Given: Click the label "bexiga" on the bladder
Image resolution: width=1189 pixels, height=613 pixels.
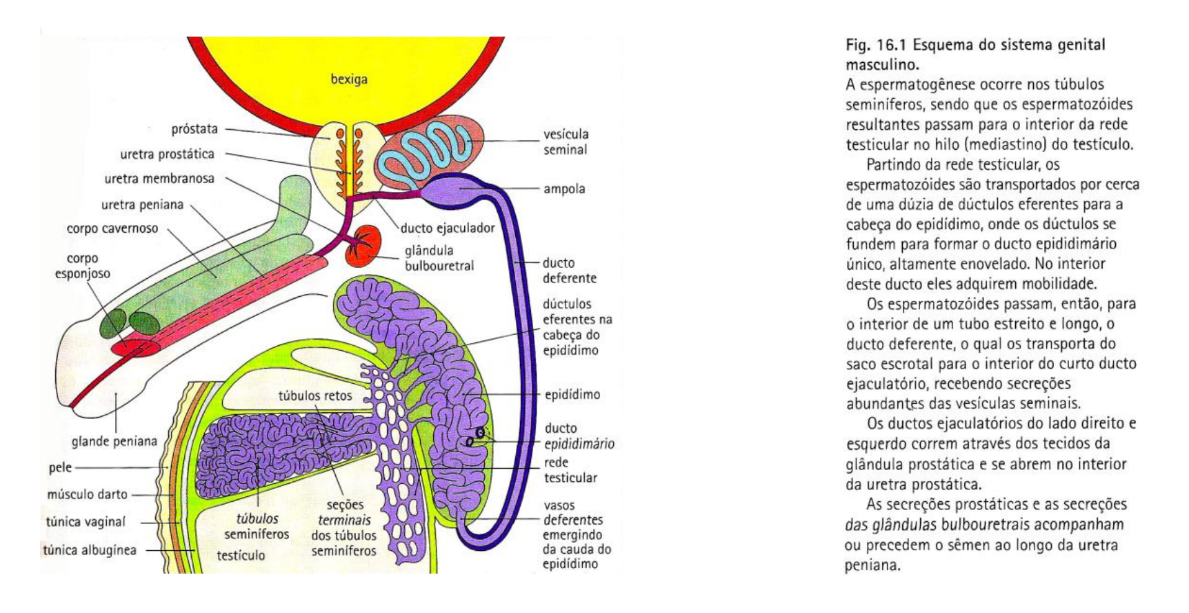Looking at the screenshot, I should point(349,79).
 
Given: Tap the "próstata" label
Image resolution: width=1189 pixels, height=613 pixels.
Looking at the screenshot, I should point(194,129).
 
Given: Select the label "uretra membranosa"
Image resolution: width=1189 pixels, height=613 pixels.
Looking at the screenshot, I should point(159,179).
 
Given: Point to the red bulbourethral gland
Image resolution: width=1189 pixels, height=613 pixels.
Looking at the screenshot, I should point(363,246).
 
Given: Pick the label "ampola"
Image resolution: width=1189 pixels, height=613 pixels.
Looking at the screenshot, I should point(564,188).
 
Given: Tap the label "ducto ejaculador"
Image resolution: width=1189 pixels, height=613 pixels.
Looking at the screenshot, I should point(448,228).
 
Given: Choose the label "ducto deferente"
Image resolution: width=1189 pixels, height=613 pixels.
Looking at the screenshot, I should point(569,271).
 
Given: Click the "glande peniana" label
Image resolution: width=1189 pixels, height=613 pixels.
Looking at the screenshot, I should point(114,441).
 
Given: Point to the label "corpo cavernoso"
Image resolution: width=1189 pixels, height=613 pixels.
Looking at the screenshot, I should point(112,228).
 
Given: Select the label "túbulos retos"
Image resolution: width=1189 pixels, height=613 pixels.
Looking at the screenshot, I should point(315,396).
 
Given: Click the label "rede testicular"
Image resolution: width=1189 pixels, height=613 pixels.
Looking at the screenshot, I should point(570,469).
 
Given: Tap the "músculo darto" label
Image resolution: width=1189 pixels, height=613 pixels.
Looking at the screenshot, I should point(87,494).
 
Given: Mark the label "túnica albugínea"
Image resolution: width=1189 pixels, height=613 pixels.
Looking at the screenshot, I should point(90,550).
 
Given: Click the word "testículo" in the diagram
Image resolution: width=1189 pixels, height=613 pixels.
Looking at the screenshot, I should point(241,555).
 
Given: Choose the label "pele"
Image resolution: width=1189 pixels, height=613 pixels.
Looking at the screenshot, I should point(60,467).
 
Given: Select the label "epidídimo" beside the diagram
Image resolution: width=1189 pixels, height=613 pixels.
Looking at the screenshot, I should point(572,395).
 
